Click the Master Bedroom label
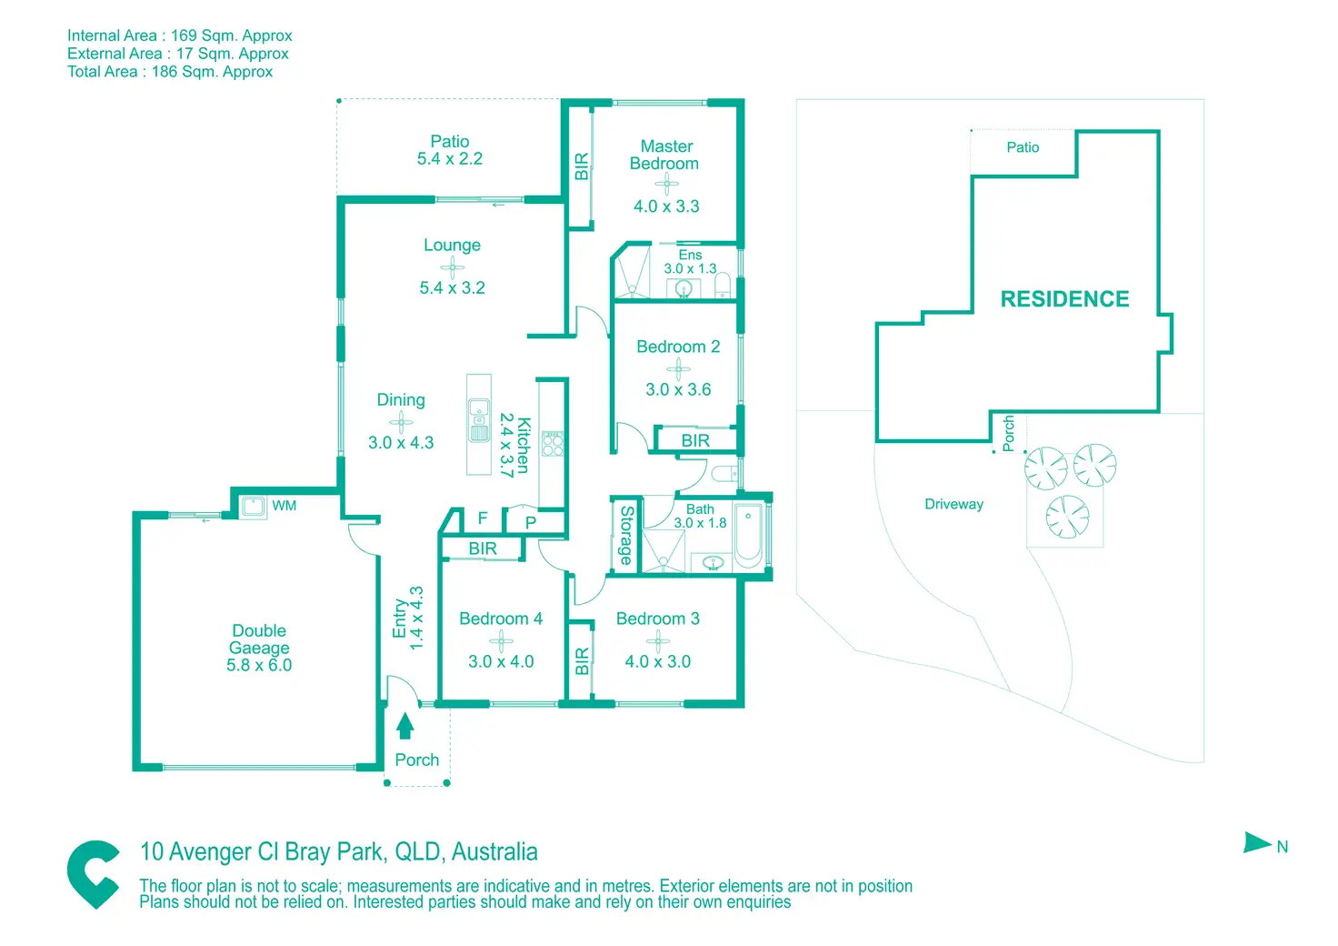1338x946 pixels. click(665, 155)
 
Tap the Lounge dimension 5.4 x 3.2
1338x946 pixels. click(452, 287)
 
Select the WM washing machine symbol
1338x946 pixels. click(253, 507)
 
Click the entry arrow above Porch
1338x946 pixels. click(405, 725)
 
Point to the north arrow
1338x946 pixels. click(1258, 843)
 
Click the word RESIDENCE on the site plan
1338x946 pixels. click(1064, 298)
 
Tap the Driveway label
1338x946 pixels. click(954, 504)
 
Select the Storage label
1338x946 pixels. click(626, 536)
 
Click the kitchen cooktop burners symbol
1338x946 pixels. click(553, 443)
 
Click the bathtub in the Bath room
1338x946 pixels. click(748, 536)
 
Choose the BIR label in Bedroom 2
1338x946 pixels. click(695, 440)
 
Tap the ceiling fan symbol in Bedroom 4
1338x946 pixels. click(501, 640)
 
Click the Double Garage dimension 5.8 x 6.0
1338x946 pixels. click(259, 665)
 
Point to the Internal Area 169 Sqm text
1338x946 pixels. click(180, 35)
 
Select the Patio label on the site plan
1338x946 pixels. click(1023, 147)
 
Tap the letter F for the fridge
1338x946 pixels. click(483, 518)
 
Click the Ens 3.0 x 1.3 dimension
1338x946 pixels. click(690, 268)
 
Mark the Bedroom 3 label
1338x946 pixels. click(657, 619)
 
